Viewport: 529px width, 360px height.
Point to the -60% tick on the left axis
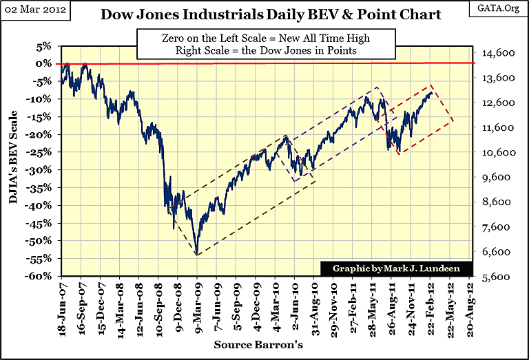click(39, 276)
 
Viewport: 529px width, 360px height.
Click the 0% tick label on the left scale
click(43, 63)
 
